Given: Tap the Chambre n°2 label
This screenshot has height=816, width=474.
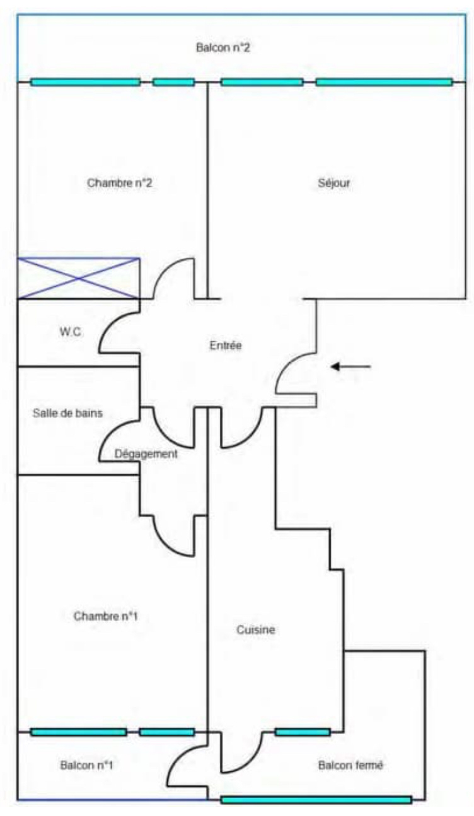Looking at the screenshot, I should point(120,184).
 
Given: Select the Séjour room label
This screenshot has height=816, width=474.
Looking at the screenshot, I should point(334,184).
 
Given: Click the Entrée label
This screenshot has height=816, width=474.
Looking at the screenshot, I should point(226,345).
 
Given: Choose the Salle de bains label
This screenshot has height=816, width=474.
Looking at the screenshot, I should point(67,414).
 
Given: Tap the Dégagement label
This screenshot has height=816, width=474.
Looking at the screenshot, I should point(146,453).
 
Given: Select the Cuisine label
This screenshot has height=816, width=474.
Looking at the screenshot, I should point(257,629).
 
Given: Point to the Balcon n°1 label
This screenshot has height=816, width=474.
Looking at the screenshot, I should point(86,766).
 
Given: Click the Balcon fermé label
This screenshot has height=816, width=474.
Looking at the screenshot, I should point(351,766).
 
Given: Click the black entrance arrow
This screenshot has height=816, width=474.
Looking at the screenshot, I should point(351,366).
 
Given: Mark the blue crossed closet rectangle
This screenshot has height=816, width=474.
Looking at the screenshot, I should point(78,278).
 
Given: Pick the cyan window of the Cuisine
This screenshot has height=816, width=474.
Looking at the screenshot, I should point(303,732).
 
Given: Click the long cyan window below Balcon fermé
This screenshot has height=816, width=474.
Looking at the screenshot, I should point(316,800).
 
